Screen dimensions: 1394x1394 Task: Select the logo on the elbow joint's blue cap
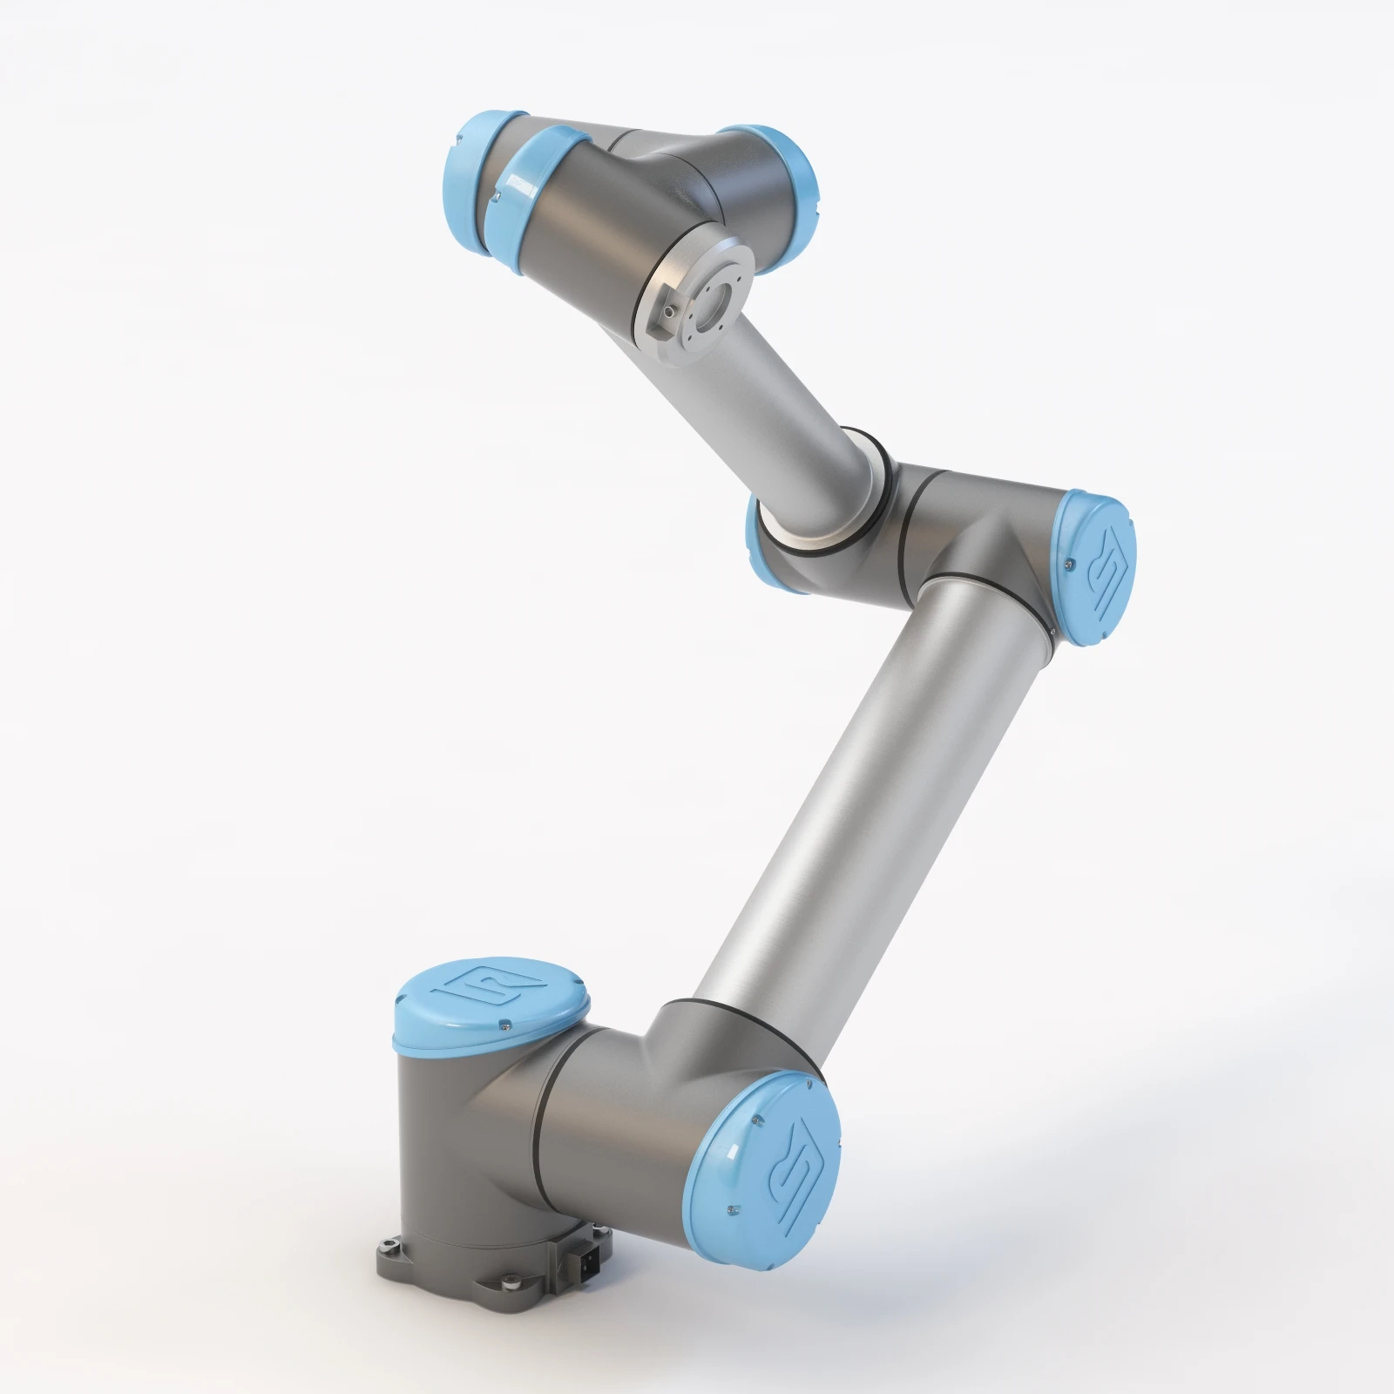tap(1104, 569)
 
